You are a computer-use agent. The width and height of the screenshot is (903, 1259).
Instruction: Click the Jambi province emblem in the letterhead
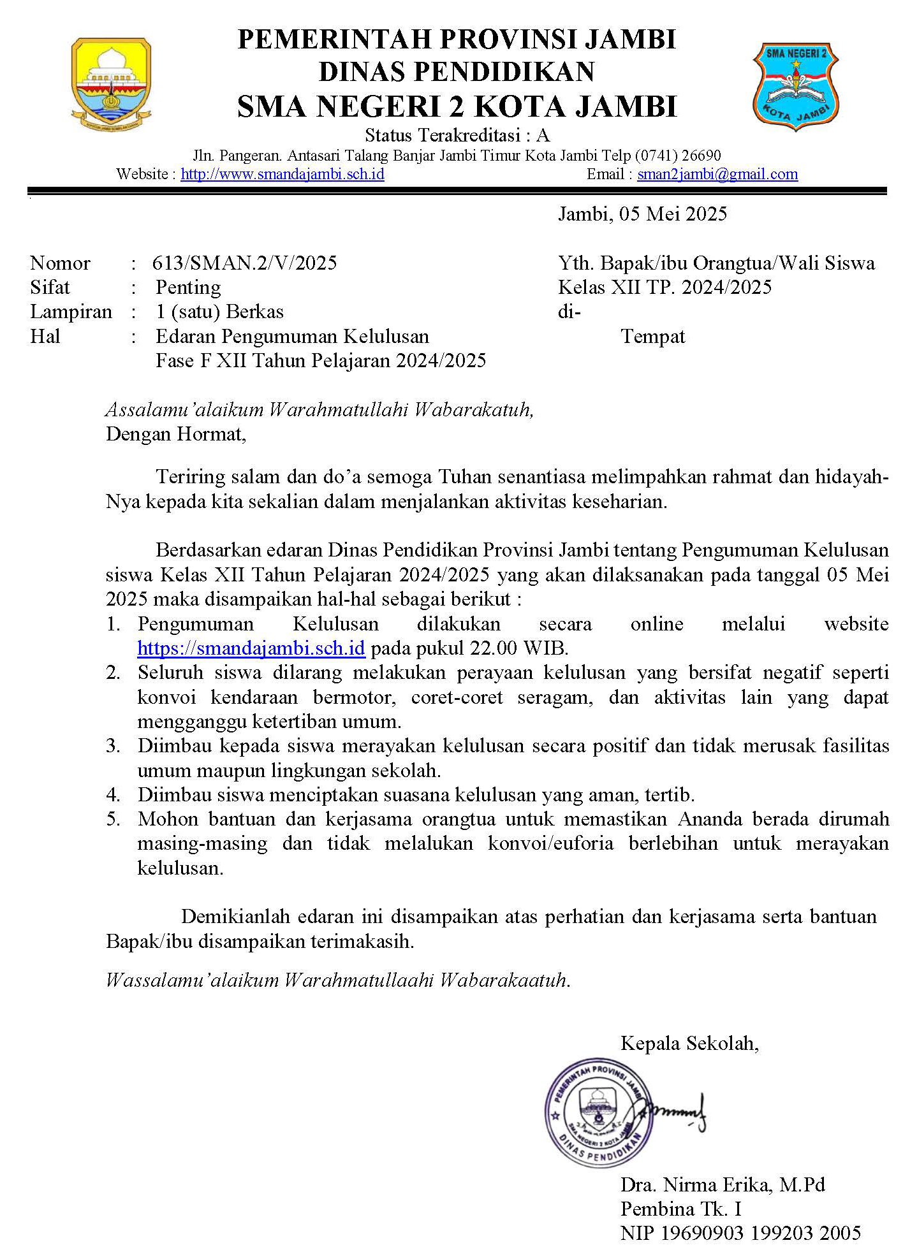[111, 84]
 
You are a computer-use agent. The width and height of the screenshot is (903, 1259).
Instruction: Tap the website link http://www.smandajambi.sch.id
[283, 174]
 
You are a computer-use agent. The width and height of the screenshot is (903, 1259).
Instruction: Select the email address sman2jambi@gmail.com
[717, 174]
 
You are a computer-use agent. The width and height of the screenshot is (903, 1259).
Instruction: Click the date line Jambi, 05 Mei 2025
[642, 214]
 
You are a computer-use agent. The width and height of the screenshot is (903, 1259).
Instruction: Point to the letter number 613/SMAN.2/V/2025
[244, 263]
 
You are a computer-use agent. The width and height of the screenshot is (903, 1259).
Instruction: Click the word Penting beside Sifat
[188, 287]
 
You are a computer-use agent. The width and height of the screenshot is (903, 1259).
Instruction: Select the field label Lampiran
[71, 312]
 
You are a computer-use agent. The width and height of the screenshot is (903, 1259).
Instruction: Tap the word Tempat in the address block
[652, 336]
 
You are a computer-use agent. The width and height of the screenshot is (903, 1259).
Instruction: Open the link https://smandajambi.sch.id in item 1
[251, 648]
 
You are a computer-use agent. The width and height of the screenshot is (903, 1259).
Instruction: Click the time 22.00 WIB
[518, 648]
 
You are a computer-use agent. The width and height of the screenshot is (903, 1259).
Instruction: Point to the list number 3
[114, 746]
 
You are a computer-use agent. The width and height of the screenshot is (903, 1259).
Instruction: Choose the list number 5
[114, 819]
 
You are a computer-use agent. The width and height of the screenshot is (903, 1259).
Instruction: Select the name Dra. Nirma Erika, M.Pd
[723, 1184]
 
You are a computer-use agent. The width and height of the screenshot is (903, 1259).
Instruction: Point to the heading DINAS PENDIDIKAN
[457, 71]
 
